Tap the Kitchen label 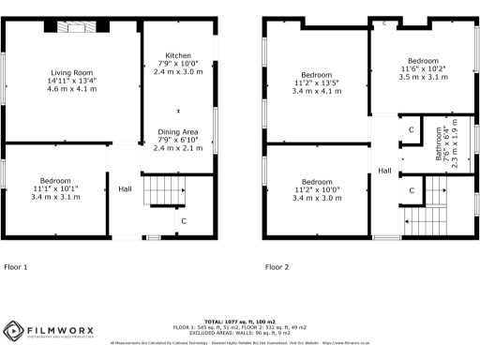pyautogui.click(x=178, y=55)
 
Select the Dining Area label pyautogui.click(x=178, y=132)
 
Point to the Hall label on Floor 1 pyautogui.click(x=125, y=189)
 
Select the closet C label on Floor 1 pyautogui.click(x=183, y=220)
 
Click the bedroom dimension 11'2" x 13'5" pyautogui.click(x=317, y=82)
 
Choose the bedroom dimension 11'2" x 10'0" pyautogui.click(x=317, y=190)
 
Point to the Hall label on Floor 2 pyautogui.click(x=384, y=170)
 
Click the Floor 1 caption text pyautogui.click(x=15, y=267)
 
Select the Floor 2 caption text pyautogui.click(x=277, y=267)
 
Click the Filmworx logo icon pyautogui.click(x=12, y=332)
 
